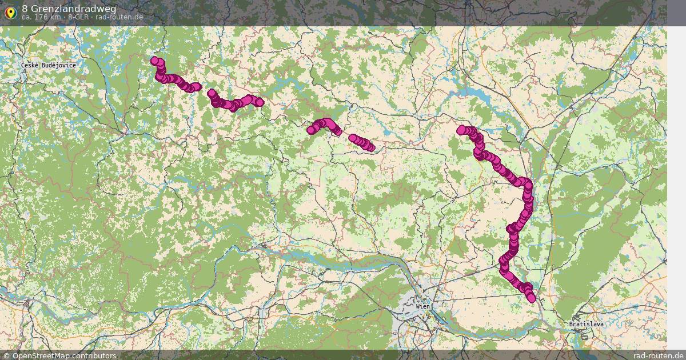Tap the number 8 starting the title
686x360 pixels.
[25, 8]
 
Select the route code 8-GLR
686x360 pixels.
[78, 17]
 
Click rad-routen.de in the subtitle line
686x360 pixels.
[119, 17]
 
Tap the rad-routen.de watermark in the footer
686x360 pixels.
[659, 355]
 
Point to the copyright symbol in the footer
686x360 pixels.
[6, 355]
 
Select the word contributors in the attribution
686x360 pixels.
[97, 355]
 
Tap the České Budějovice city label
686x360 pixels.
[48, 65]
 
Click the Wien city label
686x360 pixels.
[423, 306]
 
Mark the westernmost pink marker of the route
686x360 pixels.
[154, 61]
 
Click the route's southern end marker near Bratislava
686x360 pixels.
[532, 298]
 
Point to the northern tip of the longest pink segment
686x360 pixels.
[461, 130]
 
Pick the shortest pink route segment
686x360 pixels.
[362, 142]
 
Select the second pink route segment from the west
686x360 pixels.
[234, 102]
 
